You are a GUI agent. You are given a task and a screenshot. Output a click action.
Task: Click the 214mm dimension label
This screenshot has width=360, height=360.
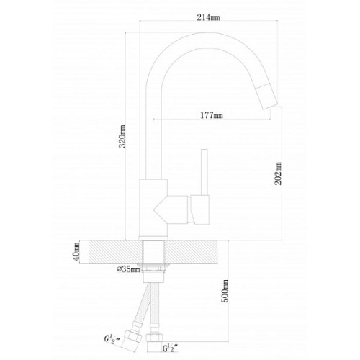(208, 17)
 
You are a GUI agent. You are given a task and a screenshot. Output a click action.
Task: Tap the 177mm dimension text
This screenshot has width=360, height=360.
(212, 115)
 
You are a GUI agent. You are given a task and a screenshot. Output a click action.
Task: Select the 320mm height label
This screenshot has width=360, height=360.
(122, 136)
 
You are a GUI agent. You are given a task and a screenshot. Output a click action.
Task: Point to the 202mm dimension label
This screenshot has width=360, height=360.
(278, 174)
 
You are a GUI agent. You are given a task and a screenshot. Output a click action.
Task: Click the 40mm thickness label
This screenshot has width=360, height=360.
(76, 252)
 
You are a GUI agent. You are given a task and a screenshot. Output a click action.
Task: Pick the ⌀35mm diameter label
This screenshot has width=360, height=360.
(129, 269)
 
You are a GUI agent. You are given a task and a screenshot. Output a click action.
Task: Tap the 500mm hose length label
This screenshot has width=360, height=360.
(225, 291)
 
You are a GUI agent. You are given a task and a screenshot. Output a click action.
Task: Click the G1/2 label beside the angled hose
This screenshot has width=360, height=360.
(112, 339)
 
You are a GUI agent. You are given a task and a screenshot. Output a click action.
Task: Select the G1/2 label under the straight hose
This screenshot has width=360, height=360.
(170, 348)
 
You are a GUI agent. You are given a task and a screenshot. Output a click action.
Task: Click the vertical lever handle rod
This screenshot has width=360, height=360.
(204, 172)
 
